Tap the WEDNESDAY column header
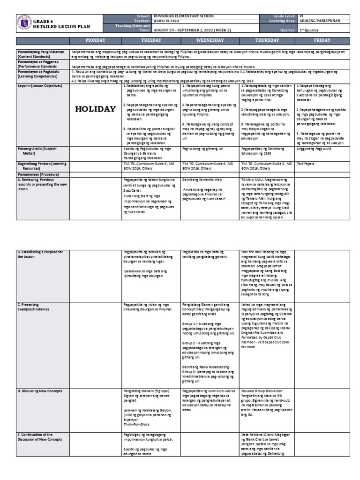210,41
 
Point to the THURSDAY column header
267,41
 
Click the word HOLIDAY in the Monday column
96,109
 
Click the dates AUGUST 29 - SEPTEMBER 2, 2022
190,29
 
